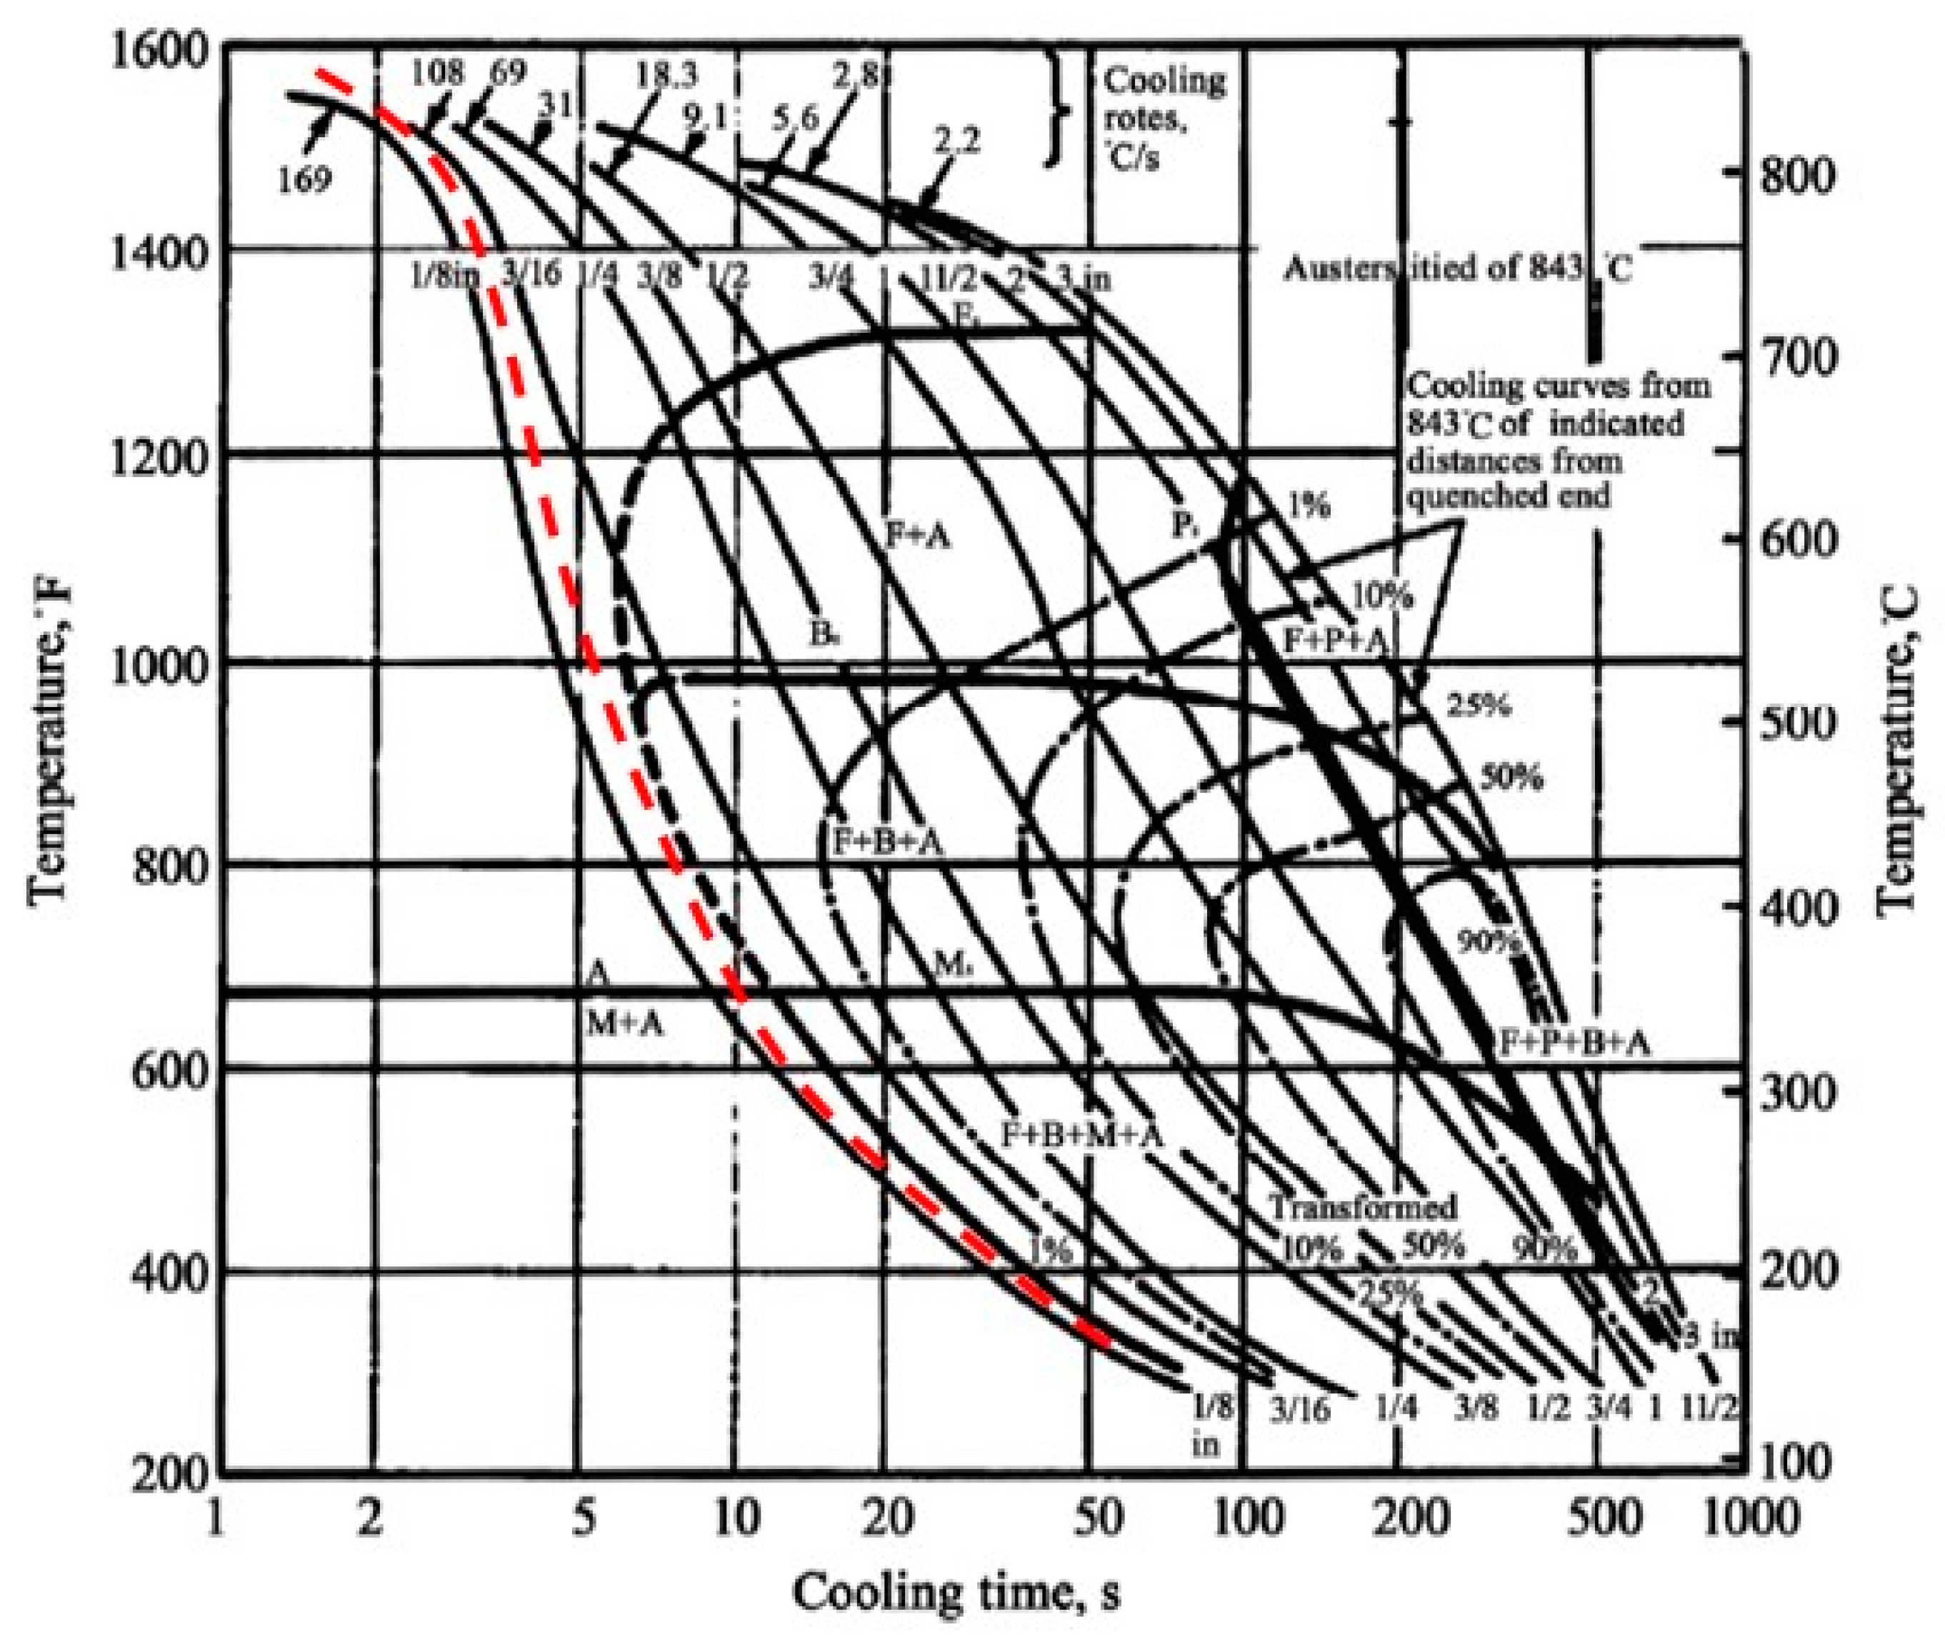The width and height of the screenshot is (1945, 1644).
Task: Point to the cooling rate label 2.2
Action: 958,144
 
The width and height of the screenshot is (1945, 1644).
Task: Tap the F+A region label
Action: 919,536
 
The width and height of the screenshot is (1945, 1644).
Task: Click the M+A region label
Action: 624,1025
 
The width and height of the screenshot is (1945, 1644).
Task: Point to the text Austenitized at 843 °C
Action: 1458,270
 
